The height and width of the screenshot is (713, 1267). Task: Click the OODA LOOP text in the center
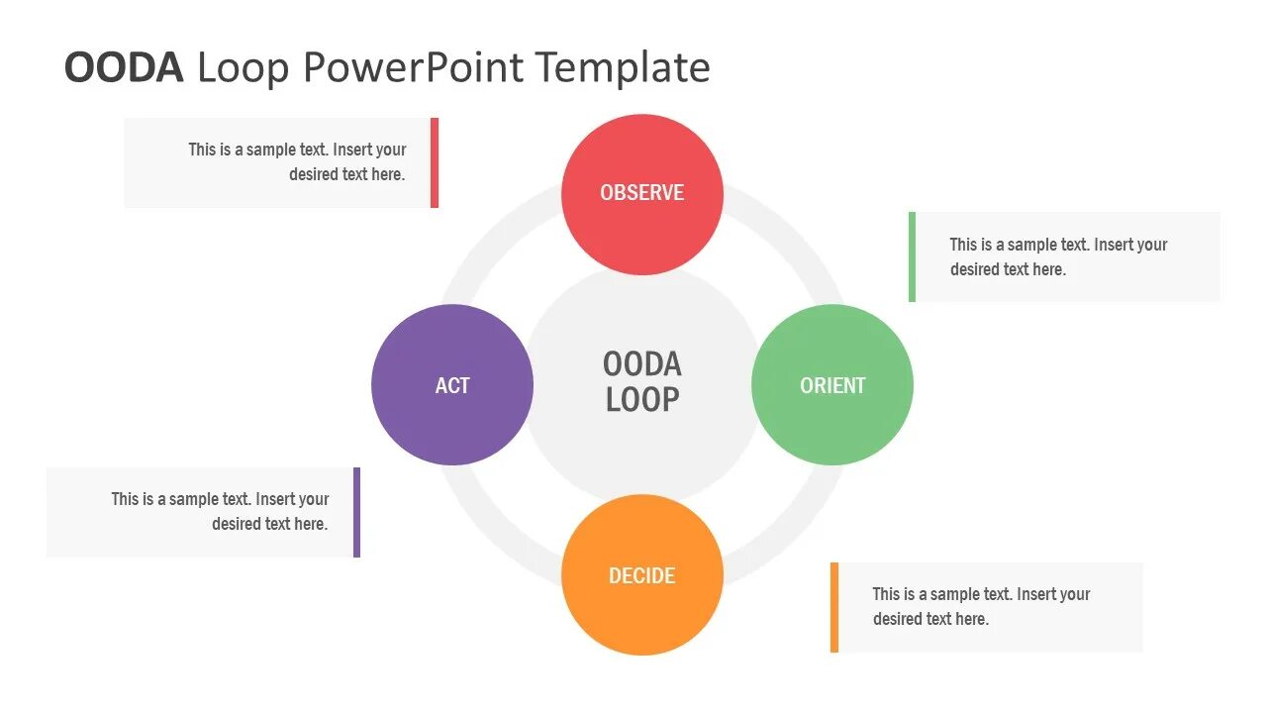tap(641, 381)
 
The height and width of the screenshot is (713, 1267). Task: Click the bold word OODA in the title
tap(124, 67)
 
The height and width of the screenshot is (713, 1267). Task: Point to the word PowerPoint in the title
tap(414, 67)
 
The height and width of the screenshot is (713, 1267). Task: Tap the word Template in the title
tap(624, 67)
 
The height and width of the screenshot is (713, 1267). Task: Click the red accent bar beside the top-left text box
tap(435, 162)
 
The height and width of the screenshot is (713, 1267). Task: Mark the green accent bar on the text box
tap(912, 256)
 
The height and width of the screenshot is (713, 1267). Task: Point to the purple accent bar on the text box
tap(356, 512)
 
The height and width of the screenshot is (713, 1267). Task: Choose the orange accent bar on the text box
tap(834, 607)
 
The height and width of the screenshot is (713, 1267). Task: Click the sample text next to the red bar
tap(298, 161)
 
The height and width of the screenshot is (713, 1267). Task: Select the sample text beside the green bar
tap(1058, 256)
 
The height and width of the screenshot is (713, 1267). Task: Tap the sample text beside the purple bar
tap(220, 511)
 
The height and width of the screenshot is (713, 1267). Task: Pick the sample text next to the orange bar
tap(981, 606)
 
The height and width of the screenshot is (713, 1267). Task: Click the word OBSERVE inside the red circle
tap(641, 193)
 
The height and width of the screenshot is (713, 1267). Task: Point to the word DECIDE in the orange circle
tap(641, 575)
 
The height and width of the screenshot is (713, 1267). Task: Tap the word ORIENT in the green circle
tap(832, 385)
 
